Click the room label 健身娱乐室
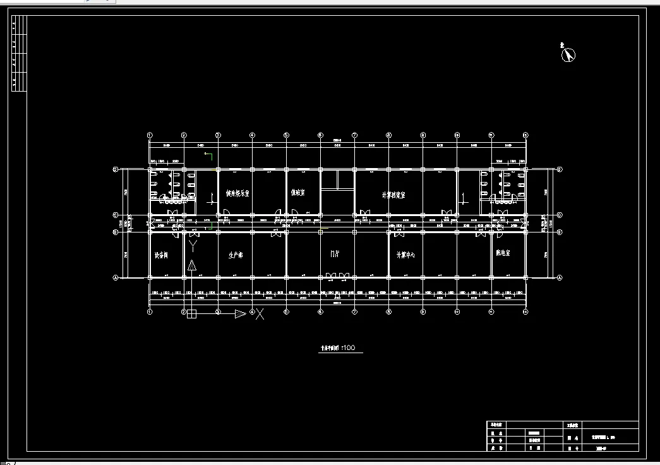pos(237,193)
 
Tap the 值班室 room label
pos(298,193)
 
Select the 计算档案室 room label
pos(393,195)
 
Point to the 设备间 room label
pos(161,256)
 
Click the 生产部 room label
pos(236,256)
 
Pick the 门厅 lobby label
pos(335,254)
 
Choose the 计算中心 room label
pos(405,255)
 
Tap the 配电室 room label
pos(503,253)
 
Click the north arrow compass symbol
pos(569,55)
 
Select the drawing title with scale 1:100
pos(338,348)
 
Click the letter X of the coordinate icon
pos(260,313)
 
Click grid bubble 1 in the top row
pos(150,135)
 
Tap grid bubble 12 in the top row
pos(525,135)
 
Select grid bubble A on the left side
pos(116,277)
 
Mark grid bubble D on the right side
pos(560,215)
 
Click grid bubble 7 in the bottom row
pos(354,311)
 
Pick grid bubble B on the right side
pos(560,232)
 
